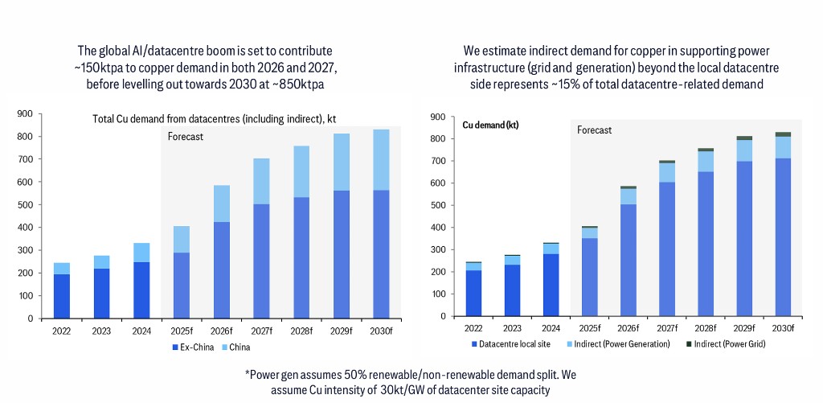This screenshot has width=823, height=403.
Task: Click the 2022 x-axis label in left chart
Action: pos(63,330)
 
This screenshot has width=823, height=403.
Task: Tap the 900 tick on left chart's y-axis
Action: pos(25,114)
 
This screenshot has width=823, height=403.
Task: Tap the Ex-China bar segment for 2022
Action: pos(63,296)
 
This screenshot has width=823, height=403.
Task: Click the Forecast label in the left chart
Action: pos(185,137)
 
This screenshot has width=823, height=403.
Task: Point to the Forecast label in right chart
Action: pos(595,130)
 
